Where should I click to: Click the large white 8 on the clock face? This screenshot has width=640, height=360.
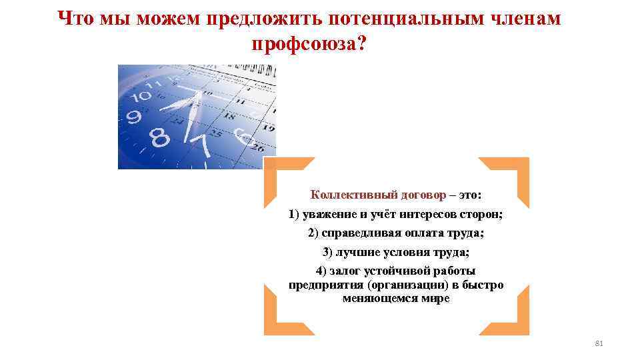[x=160, y=139]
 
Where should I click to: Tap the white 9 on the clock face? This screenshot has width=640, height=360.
[x=134, y=117]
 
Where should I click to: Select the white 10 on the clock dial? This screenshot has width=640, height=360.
[x=141, y=95]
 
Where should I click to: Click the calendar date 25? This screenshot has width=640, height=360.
[x=216, y=133]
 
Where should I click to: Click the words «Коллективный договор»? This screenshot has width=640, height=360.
[x=378, y=195]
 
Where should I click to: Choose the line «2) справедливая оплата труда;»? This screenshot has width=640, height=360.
[x=396, y=233]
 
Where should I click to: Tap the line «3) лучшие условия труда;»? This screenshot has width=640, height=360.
[x=396, y=252]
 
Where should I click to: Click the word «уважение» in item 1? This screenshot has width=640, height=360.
[x=329, y=215]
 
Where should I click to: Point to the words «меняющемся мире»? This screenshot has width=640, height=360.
[x=396, y=299]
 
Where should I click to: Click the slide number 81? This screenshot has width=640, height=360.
[x=598, y=343]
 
